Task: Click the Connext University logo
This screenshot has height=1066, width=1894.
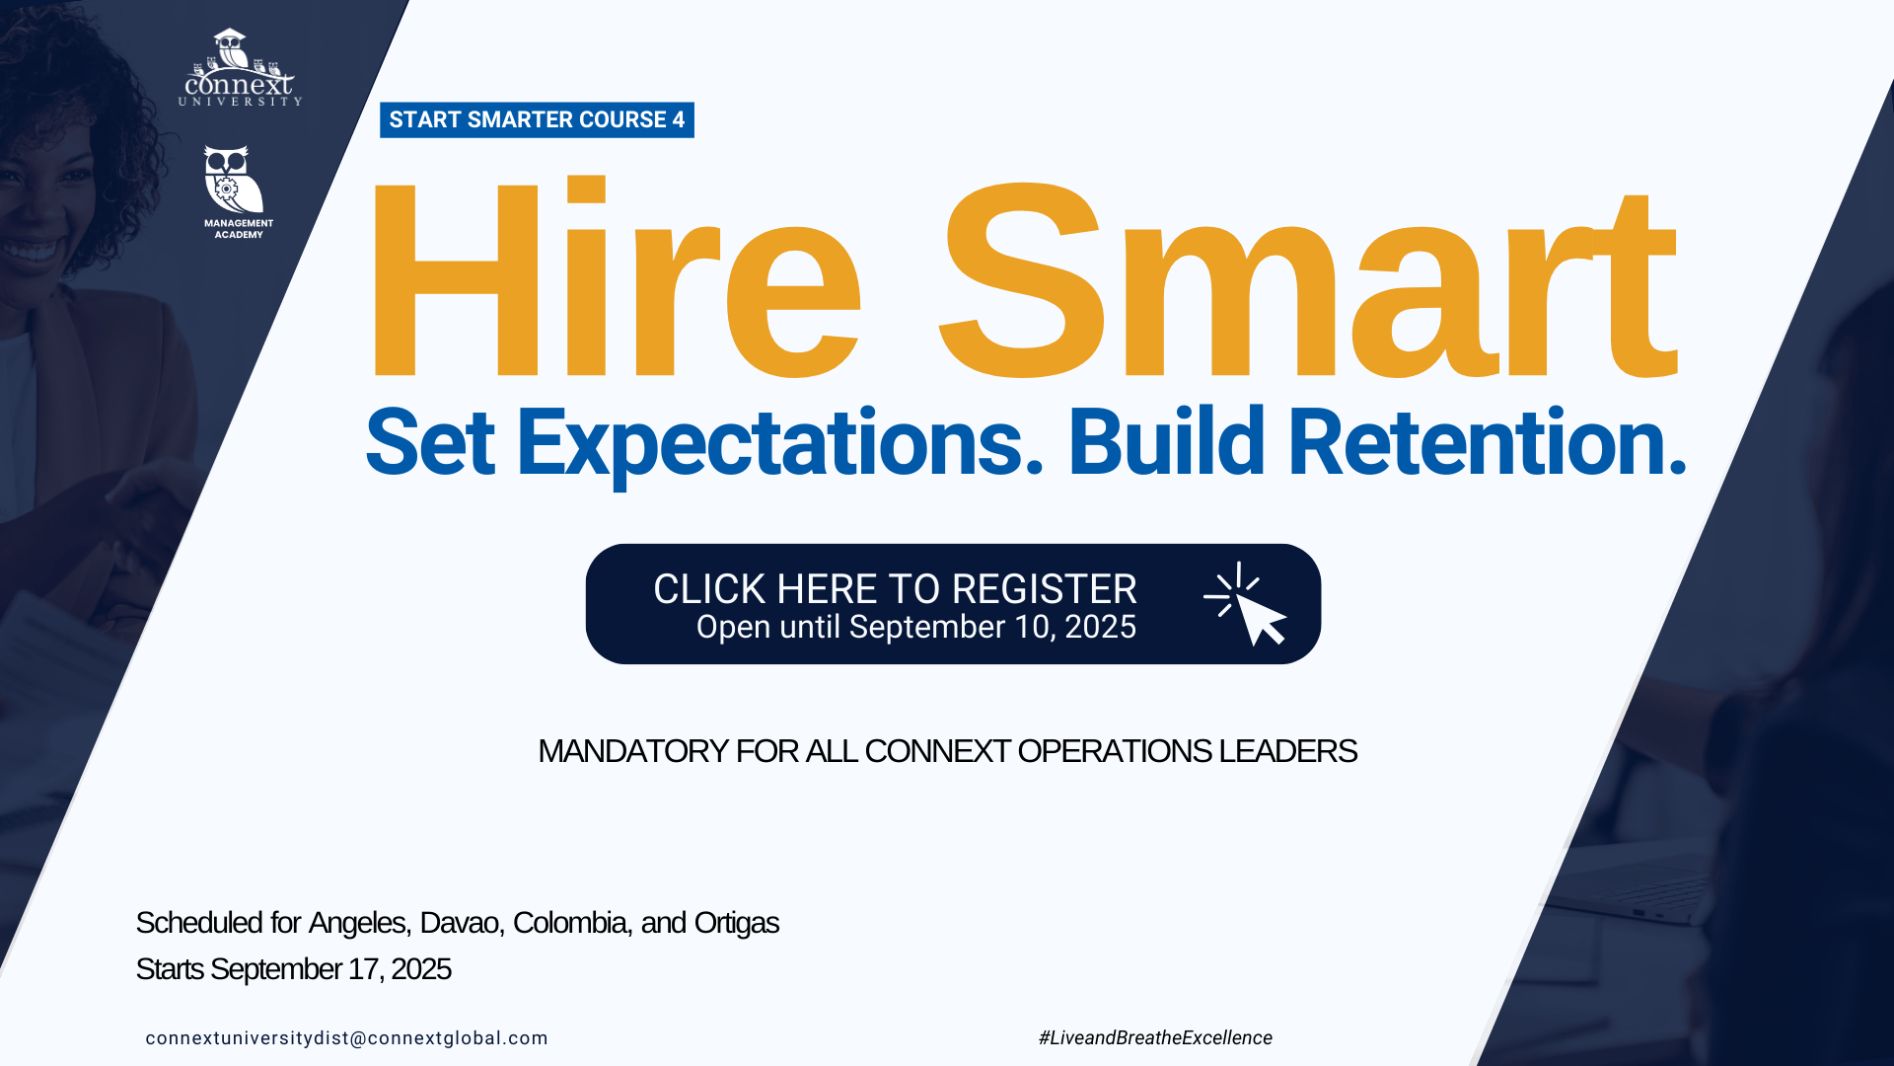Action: click(240, 67)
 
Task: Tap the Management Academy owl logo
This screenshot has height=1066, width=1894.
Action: click(238, 192)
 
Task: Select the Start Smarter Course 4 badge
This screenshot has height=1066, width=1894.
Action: click(537, 119)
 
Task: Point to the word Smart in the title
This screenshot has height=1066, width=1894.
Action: click(1308, 280)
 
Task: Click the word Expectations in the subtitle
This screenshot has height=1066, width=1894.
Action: click(779, 444)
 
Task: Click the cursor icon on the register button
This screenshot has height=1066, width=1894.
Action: click(1246, 604)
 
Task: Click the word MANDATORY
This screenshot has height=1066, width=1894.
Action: click(633, 751)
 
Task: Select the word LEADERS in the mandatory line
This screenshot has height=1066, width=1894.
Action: click(1287, 751)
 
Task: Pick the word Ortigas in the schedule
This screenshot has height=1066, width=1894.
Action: click(737, 924)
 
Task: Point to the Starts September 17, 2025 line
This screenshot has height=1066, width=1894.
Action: click(293, 969)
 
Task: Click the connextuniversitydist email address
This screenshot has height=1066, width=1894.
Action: click(346, 1038)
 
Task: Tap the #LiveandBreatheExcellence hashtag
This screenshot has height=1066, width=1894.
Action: click(1155, 1037)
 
